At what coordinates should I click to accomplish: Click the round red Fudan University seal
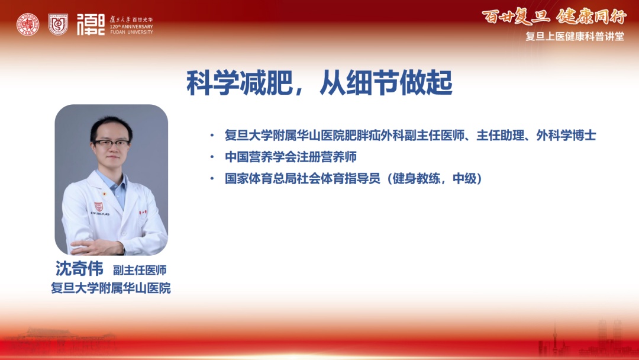click(28, 24)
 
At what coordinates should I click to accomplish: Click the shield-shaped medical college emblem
click(58, 24)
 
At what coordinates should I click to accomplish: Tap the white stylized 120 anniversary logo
click(91, 24)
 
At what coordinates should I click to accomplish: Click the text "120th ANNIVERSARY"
click(131, 27)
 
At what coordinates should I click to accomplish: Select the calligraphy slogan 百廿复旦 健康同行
click(554, 17)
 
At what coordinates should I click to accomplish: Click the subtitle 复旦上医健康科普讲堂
click(575, 36)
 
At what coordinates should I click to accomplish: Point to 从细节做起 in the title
click(386, 83)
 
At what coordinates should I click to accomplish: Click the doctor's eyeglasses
click(111, 143)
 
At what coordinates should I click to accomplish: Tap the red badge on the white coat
click(98, 207)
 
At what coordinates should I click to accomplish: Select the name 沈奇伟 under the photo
click(79, 268)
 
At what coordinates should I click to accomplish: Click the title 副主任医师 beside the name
click(140, 270)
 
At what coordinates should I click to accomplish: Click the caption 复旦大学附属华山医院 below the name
click(111, 288)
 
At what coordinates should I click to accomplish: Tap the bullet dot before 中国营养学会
click(212, 156)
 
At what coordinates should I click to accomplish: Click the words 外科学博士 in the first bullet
click(566, 136)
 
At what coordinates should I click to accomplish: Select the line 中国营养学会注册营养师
click(291, 156)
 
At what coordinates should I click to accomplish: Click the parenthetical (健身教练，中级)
click(434, 178)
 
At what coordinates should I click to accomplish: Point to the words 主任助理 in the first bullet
click(500, 136)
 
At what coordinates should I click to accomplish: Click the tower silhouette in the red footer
click(554, 339)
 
